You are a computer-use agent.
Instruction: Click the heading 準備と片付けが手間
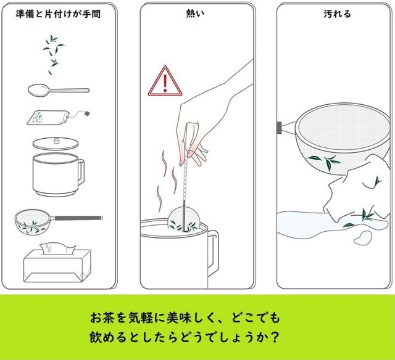58,14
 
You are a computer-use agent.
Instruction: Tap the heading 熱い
195,14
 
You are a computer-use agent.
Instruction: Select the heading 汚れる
337,14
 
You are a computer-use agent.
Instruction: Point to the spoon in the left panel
59,90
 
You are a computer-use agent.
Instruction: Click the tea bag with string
48,118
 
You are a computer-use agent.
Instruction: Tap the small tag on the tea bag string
87,113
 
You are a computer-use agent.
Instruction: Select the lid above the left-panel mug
56,144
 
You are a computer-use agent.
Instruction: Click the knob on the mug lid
57,141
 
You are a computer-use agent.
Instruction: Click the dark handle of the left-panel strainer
78,218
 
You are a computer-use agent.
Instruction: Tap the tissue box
57,266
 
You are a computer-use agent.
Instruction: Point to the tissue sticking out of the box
57,248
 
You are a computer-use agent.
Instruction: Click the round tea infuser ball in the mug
184,218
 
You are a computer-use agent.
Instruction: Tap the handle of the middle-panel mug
213,253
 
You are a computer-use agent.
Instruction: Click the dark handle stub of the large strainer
279,128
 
